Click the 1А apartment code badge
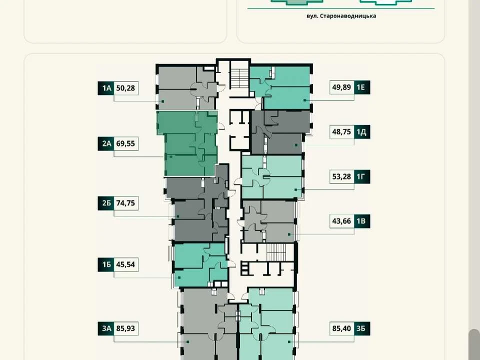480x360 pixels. pos(106,88)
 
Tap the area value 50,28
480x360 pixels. pos(126,88)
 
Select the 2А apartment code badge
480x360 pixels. pos(106,143)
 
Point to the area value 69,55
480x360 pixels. pos(126,143)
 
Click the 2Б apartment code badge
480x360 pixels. pos(106,203)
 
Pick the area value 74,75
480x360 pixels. pos(126,203)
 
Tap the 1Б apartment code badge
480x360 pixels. pos(106,264)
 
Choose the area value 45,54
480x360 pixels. pos(126,264)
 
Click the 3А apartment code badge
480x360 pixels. pos(106,328)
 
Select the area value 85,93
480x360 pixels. pos(126,328)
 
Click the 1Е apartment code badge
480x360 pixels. pos(362,87)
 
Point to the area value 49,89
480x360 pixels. pos(342,87)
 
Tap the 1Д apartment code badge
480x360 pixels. pos(362,132)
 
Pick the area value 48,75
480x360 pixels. pos(342,132)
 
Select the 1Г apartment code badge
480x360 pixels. pos(362,176)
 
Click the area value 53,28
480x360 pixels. pos(342,176)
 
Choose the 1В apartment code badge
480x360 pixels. pos(362,221)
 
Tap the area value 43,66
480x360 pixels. pos(342,221)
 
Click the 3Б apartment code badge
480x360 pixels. pos(362,328)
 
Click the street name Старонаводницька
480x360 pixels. pos(348,16)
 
